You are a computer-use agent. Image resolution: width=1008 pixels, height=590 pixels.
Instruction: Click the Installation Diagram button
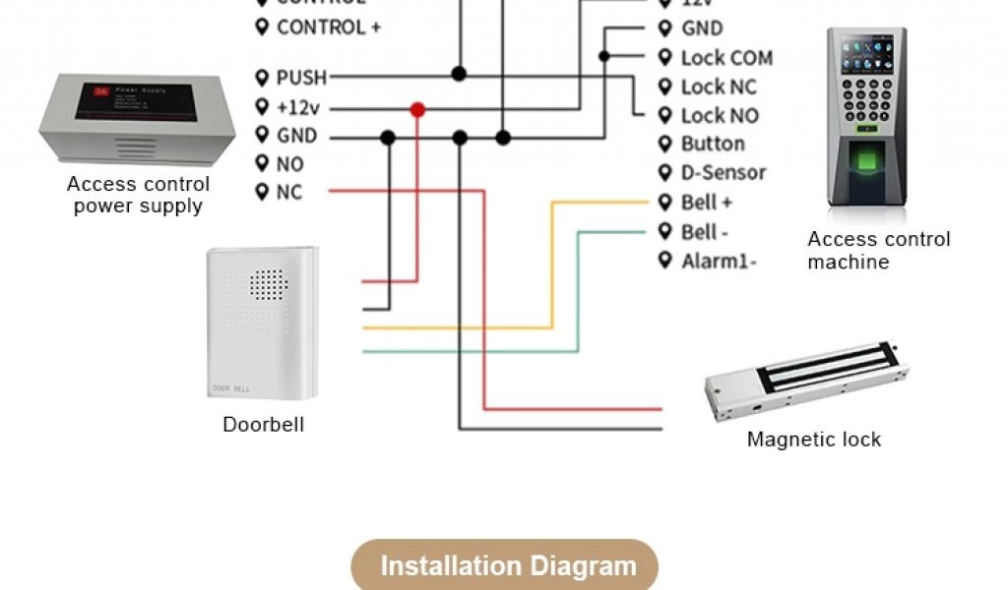[x=504, y=566]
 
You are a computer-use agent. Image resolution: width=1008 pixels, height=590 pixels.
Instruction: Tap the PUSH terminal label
[x=300, y=77]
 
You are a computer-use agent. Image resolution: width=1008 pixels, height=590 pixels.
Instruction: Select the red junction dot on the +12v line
[x=417, y=108]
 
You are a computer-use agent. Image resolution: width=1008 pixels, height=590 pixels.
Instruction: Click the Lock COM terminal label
[x=725, y=58]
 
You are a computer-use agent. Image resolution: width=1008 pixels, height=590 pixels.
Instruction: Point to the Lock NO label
[x=720, y=116]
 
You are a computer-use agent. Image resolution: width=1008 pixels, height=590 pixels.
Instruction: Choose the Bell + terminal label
[x=706, y=203]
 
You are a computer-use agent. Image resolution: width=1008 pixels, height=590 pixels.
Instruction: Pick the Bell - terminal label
[x=704, y=232]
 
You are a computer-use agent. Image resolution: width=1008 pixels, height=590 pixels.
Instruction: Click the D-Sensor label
[x=723, y=173]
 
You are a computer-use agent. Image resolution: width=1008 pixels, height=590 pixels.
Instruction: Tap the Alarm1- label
[x=719, y=262]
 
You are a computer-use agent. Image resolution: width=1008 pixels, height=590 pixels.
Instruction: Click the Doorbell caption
[x=263, y=425]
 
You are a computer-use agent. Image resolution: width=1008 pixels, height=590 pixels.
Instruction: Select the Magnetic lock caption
[x=813, y=440]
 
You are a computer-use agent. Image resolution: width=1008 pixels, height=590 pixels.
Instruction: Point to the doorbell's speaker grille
[x=268, y=285]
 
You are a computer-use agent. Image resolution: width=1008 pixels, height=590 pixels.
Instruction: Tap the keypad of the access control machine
[x=867, y=103]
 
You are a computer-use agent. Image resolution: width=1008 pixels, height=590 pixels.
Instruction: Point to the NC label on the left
[x=288, y=193]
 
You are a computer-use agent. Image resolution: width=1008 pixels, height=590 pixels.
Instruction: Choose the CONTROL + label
[x=328, y=28]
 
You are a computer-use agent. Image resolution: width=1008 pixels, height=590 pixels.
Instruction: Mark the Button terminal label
[x=712, y=145]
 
